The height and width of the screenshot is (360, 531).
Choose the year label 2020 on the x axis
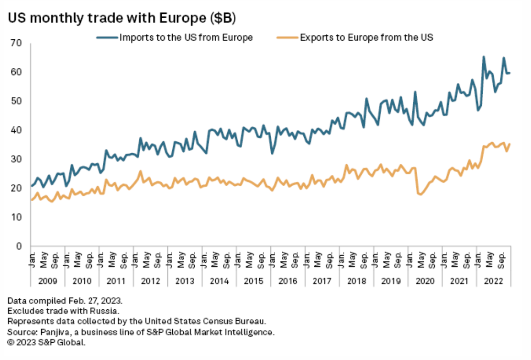pos(425,281)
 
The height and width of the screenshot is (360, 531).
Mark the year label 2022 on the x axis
pos(494,281)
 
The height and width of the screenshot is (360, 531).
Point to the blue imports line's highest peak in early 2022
pos(484,57)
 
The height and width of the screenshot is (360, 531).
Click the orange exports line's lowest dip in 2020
pos(420,194)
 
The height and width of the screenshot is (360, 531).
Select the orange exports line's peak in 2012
pos(141,171)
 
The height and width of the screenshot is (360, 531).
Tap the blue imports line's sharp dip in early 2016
pos(272,153)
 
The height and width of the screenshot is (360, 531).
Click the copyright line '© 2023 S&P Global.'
pos(46,342)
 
